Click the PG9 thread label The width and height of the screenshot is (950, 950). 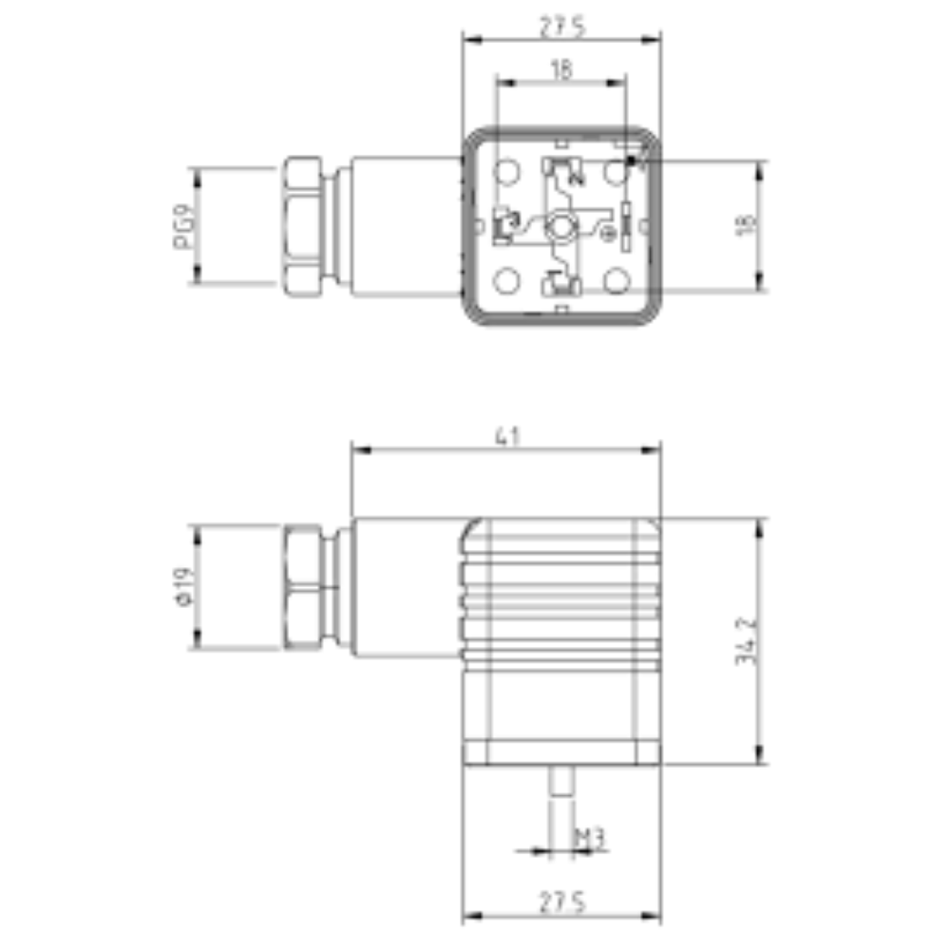184,226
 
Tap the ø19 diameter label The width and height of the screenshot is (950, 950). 184,586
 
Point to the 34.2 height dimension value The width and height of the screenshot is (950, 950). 746,642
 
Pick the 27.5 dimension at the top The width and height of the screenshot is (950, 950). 561,28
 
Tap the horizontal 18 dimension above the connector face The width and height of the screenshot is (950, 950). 561,71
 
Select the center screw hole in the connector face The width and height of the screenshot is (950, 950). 560,227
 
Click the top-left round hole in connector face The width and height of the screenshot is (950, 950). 508,172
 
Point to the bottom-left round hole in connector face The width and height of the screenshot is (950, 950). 508,281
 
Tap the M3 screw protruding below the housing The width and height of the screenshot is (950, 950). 561,784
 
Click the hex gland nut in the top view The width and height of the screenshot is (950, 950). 303,225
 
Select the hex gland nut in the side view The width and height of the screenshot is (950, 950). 303,586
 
